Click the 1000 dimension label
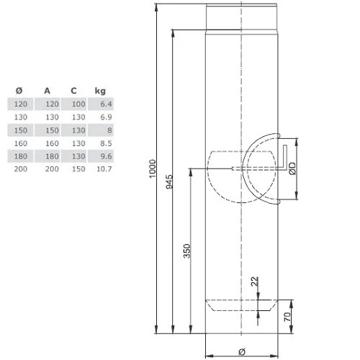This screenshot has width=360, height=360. click(153, 168)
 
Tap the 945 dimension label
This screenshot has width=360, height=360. click(169, 181)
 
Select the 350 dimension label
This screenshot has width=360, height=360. click(187, 251)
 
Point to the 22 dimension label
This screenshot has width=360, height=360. click(255, 282)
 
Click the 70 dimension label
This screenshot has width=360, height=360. click(287, 317)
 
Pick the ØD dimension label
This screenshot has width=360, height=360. click(292, 168)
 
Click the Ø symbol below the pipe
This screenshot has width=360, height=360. click(242, 352)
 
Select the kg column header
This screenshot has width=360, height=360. click(100, 91)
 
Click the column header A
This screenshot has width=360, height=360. click(47, 91)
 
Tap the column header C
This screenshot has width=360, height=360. click(73, 91)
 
